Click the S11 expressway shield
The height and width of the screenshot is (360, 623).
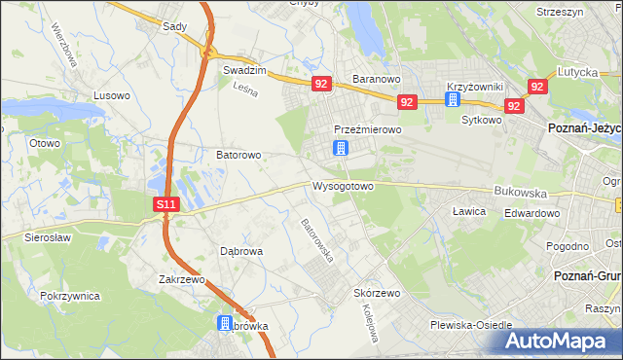pyautogui.click(x=166, y=204)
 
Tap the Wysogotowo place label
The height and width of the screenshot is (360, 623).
pyautogui.click(x=342, y=186)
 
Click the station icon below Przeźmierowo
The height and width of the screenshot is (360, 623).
pyautogui.click(x=340, y=148)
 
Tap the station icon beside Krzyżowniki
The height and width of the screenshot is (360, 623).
pyautogui.click(x=453, y=100)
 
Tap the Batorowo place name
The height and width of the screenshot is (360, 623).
pyautogui.click(x=238, y=155)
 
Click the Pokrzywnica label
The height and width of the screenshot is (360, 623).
pyautogui.click(x=71, y=294)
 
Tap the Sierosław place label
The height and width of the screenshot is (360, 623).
pyautogui.click(x=48, y=235)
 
